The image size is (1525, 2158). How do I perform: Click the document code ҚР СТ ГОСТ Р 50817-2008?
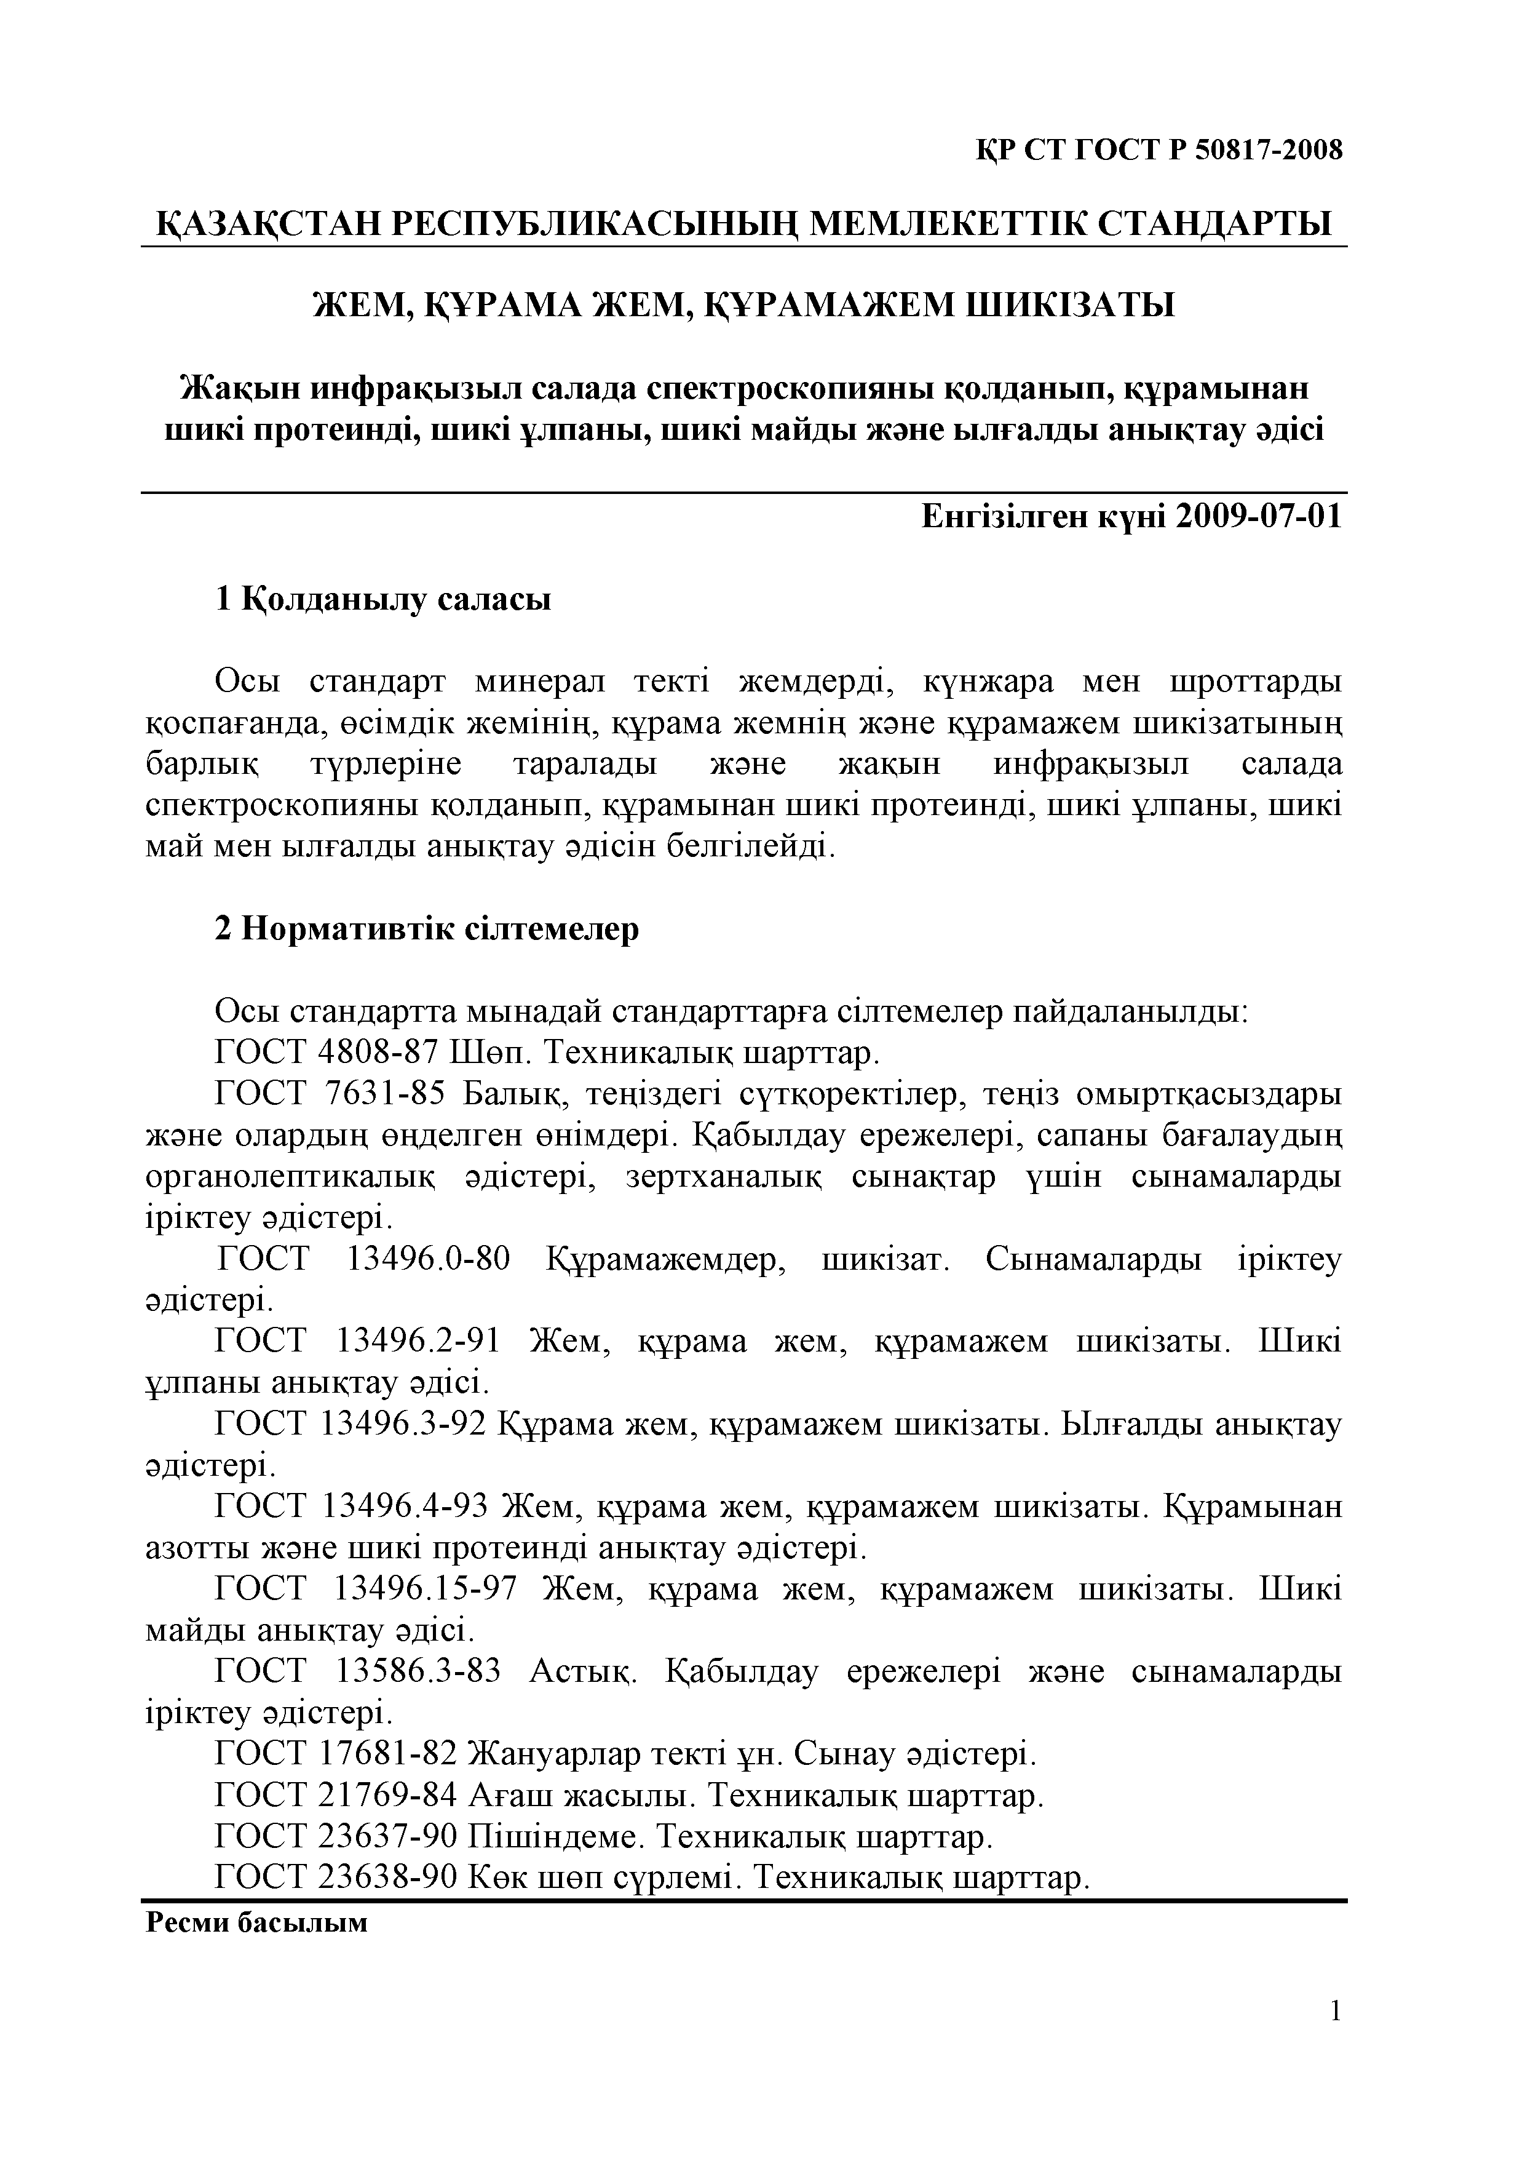point(1160,149)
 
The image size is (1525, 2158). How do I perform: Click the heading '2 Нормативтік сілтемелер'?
point(427,929)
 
